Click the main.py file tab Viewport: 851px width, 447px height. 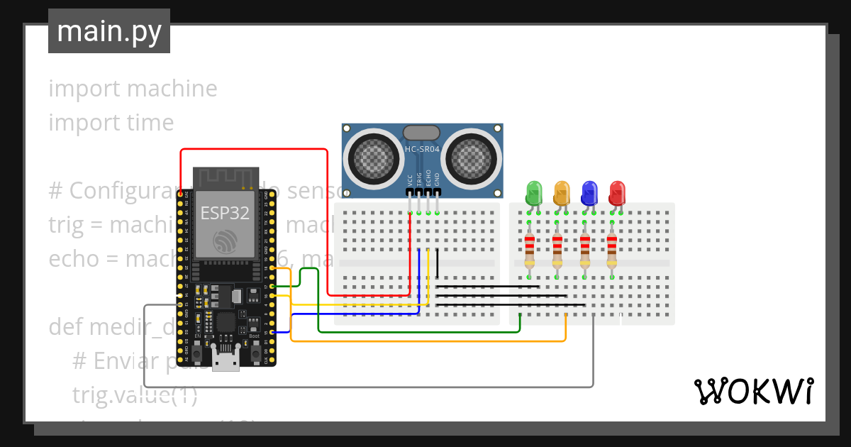tap(109, 31)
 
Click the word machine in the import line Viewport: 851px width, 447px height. tap(172, 89)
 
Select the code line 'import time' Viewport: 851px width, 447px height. tap(111, 123)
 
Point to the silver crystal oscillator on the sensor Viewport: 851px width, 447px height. tap(422, 133)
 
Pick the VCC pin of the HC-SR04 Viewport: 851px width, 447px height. tap(411, 192)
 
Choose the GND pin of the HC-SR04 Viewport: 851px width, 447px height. tap(438, 192)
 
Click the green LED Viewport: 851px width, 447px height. tap(534, 192)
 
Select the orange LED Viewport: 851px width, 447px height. tap(562, 192)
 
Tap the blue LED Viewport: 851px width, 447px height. tap(589, 192)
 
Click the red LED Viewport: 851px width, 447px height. tap(617, 192)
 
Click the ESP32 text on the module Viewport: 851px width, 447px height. tap(225, 214)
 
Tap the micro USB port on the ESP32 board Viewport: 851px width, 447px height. tap(226, 360)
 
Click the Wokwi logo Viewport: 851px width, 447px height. tap(753, 392)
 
